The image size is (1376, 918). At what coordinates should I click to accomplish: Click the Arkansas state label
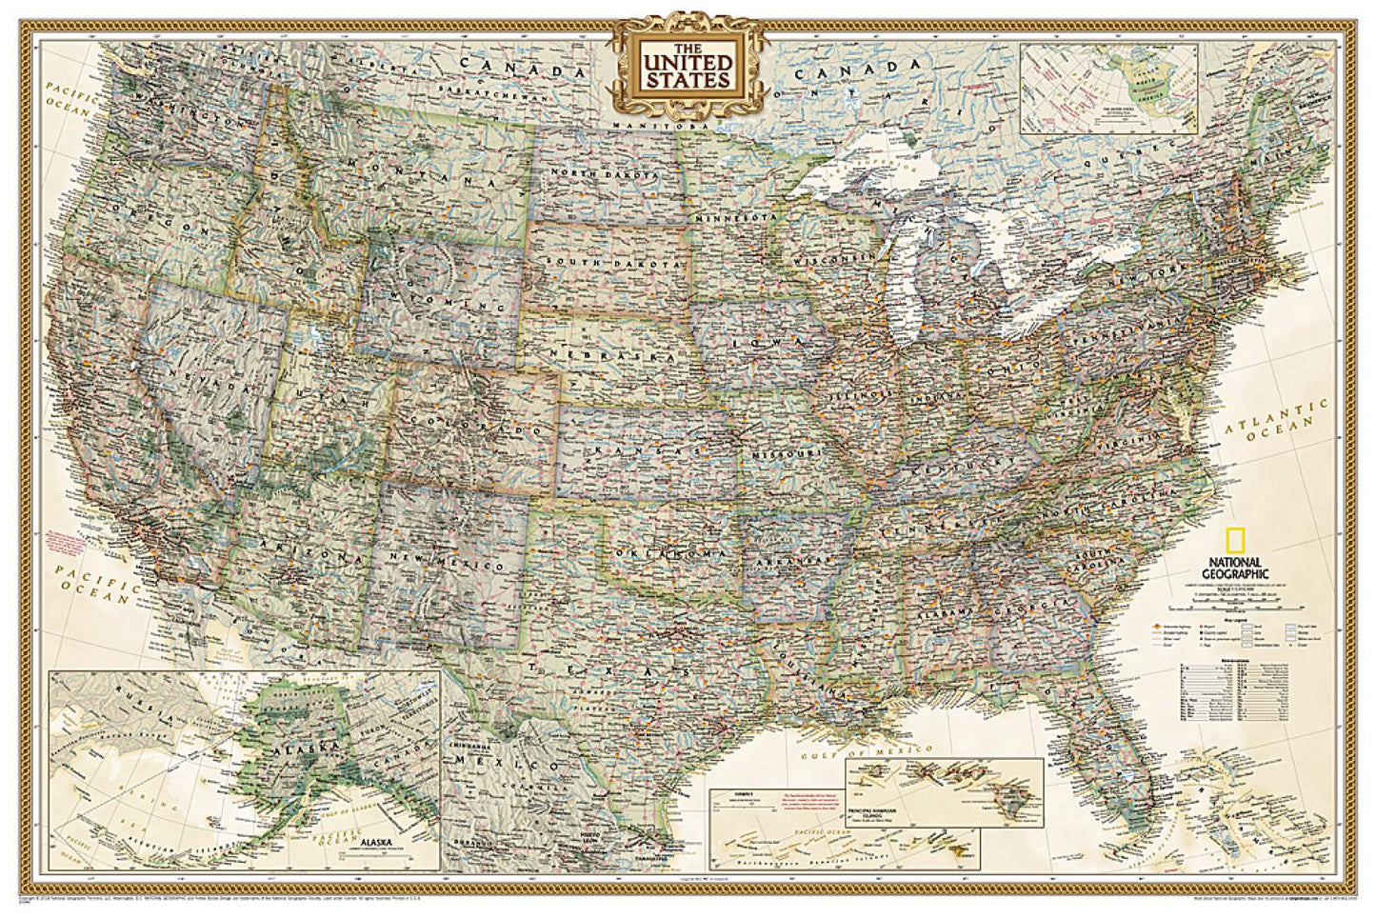pos(789,562)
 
